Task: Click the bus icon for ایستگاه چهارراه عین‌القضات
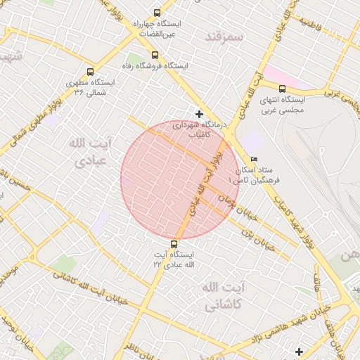[156, 13]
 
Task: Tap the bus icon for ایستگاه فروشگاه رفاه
[155, 55]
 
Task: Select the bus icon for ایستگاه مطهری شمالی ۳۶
[90, 72]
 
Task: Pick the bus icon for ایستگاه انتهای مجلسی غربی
[282, 89]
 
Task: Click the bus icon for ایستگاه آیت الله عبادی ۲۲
[174, 245]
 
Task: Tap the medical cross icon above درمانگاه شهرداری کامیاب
[200, 114]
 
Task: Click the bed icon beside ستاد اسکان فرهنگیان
[254, 159]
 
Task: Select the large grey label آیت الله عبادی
[89, 152]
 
